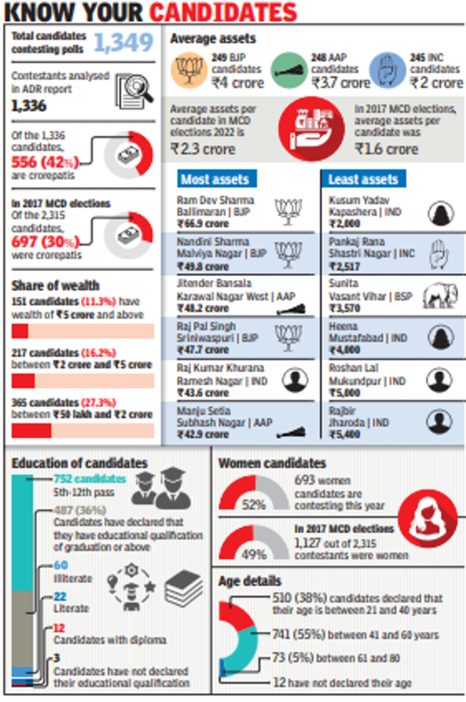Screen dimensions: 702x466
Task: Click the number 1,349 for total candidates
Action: pyautogui.click(x=123, y=43)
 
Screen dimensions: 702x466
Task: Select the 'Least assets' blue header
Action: pyautogui.click(x=363, y=180)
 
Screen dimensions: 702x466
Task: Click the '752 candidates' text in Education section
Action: pyautogui.click(x=81, y=479)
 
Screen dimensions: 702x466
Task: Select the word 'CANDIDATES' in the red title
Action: pyautogui.click(x=223, y=13)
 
